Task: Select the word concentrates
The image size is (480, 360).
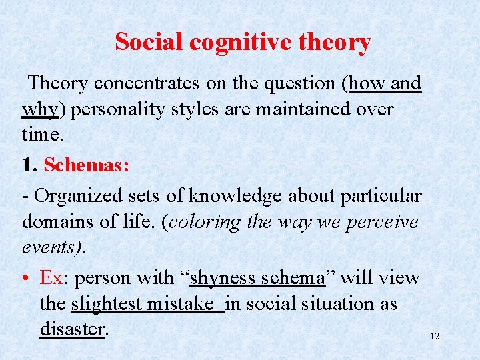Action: click(x=147, y=83)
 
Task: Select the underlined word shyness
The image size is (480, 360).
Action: click(x=225, y=277)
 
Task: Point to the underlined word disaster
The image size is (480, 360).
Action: click(x=72, y=329)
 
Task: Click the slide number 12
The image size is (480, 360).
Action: click(x=435, y=337)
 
